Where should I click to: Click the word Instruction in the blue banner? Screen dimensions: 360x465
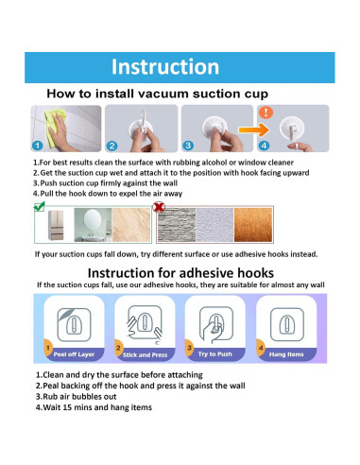point(165,67)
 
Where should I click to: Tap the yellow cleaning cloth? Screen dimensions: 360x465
point(54,126)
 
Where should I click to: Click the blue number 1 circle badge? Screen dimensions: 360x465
point(38,146)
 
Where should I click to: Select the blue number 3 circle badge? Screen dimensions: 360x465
point(188,146)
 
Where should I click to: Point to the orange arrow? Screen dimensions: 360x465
point(253,129)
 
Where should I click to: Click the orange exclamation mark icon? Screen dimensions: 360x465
point(266,112)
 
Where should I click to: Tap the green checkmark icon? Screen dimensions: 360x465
point(40,206)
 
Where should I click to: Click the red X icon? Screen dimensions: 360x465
point(159,207)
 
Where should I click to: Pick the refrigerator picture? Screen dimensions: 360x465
point(56,225)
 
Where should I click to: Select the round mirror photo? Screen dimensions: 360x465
point(93,225)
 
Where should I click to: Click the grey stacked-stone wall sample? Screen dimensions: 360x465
point(177,225)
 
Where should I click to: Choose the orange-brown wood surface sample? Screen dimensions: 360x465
point(253,225)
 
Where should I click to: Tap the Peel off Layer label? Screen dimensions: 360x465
point(74,354)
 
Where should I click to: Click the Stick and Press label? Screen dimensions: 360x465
point(145,355)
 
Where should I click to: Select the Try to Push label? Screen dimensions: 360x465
point(215,354)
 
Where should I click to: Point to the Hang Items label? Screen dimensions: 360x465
point(286,354)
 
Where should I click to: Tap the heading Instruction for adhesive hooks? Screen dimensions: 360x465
point(180,273)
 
